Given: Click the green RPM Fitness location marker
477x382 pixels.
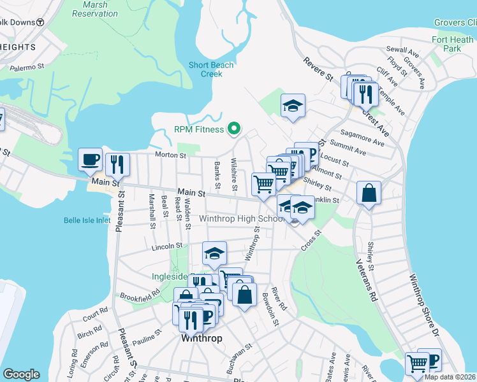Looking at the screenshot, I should point(234,129).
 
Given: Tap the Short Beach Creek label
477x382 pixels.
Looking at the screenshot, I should point(205,69).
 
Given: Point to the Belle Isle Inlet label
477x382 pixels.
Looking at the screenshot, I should point(87,220).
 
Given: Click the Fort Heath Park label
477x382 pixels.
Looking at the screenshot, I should point(452,44).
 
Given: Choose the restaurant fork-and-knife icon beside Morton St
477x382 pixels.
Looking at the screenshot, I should point(117,164).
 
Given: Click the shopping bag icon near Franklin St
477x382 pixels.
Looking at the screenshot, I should point(369,193).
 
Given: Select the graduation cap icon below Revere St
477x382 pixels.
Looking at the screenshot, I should point(293,106).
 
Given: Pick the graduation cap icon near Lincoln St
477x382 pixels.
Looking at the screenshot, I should point(215,253).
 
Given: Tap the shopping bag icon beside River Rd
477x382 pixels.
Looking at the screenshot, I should point(244,295).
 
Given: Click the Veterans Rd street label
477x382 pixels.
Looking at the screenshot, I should point(365,279).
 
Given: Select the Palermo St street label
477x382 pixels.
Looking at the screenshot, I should point(26,66).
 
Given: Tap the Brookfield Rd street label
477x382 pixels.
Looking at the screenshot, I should point(138,297).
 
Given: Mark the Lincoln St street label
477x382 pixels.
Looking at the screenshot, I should point(167,245).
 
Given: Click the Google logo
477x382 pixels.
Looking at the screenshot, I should point(21,374).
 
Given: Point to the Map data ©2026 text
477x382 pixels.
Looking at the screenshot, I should point(450,377).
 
